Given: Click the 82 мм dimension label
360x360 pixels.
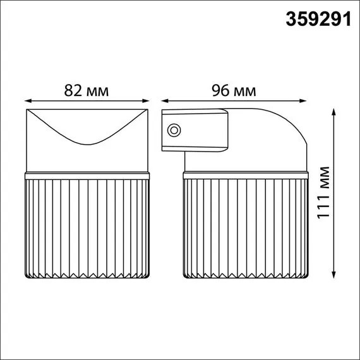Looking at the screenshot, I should [87, 90].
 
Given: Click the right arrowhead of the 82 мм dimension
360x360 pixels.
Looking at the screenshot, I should [147, 100].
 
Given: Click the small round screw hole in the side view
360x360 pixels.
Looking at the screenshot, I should [172, 131].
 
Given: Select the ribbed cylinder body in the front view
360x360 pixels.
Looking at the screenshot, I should [88, 227].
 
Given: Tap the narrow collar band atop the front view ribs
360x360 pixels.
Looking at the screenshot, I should [88, 174].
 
